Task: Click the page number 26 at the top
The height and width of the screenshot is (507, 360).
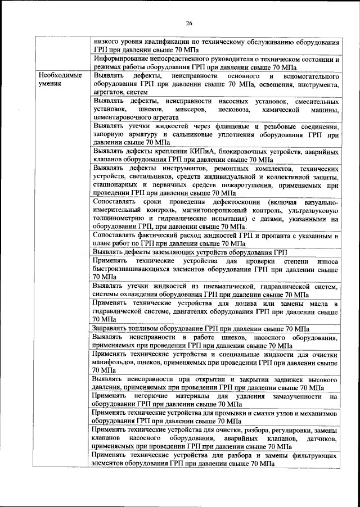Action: [189, 23]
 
